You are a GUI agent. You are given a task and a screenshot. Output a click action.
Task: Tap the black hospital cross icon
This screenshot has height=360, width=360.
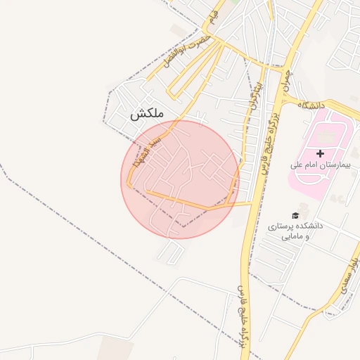point(321,153)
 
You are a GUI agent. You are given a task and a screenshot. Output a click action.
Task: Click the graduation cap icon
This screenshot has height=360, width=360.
point(295,215)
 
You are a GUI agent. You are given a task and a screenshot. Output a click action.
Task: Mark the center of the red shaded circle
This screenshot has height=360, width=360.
point(180,179)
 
